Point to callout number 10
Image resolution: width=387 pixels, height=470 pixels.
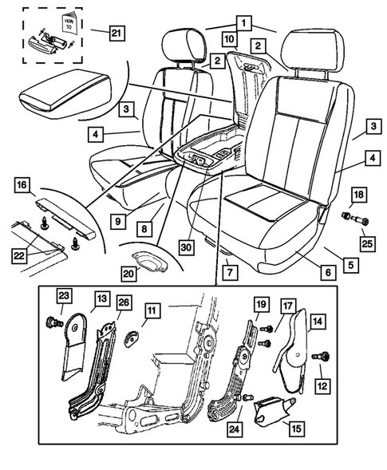pyautogui.click(x=229, y=38)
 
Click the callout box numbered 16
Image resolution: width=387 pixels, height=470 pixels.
pyautogui.click(x=22, y=186)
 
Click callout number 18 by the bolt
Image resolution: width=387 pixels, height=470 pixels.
pyautogui.click(x=358, y=196)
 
